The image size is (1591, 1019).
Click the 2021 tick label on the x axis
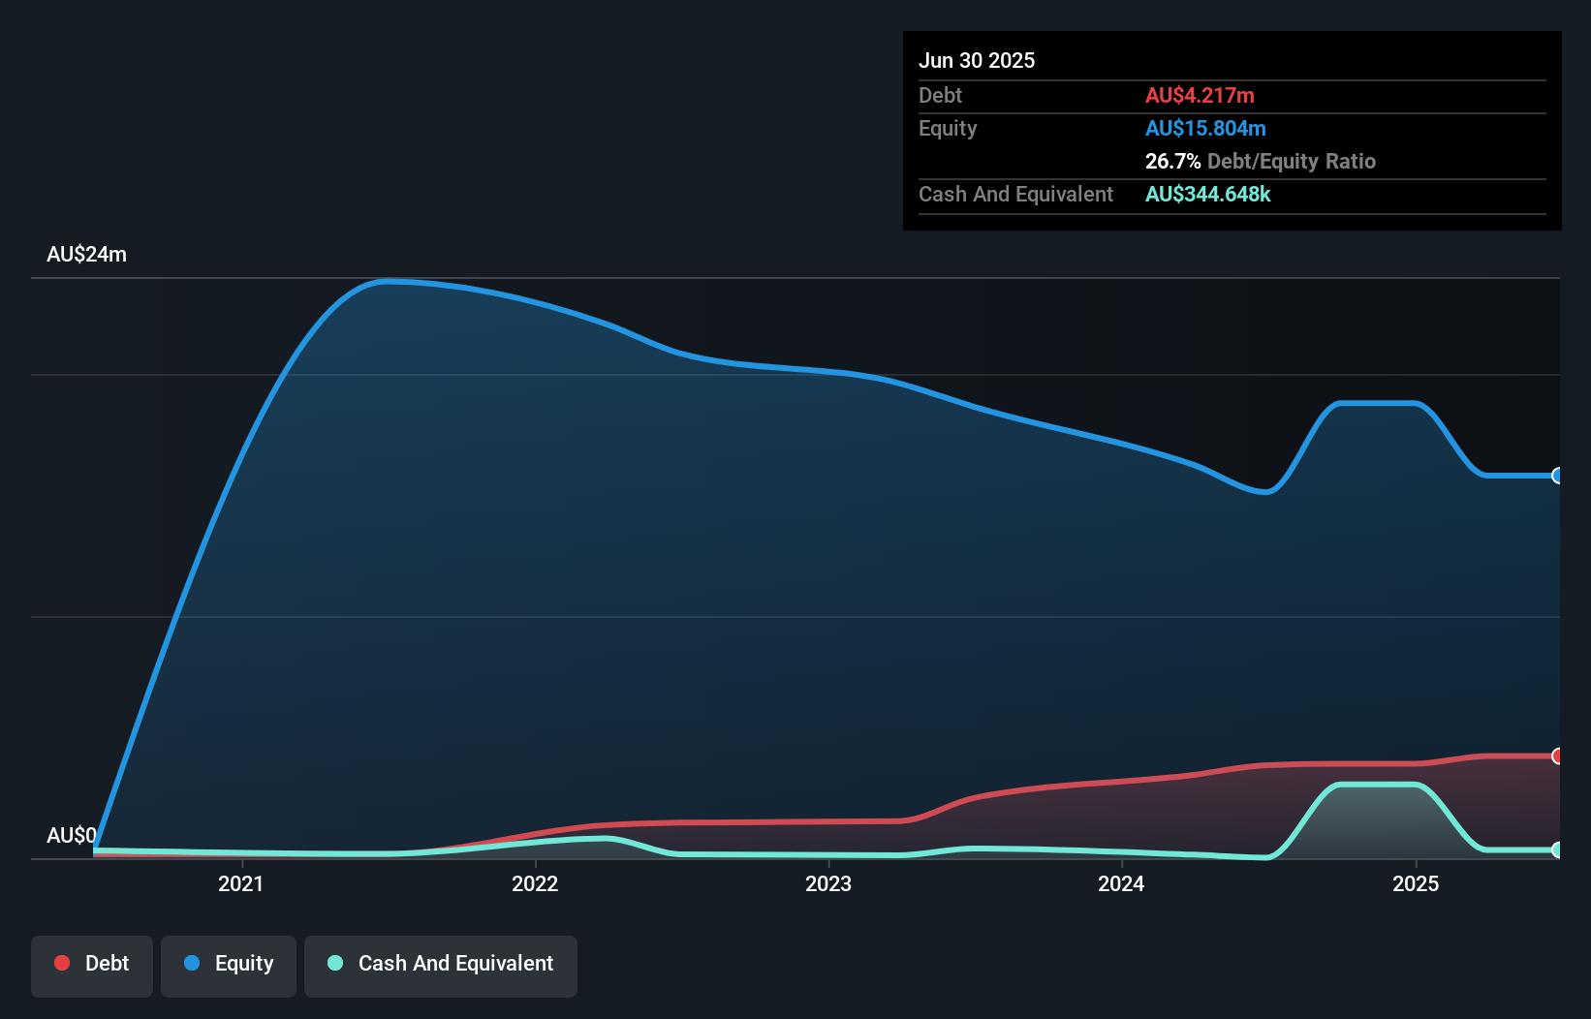[240, 883]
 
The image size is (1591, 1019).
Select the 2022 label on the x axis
[535, 883]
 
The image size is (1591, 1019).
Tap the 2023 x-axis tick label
[828, 883]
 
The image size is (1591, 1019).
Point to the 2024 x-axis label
[1121, 883]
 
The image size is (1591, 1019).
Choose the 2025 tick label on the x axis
[1416, 883]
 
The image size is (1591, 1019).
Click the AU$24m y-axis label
[86, 254]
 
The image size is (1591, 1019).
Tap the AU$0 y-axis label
[72, 835]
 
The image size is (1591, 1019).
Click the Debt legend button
[92, 964]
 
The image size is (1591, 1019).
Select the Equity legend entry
[229, 964]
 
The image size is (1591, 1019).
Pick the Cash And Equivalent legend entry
[441, 964]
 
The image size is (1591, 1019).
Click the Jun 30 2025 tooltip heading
[977, 60]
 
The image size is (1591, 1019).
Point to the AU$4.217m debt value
[1200, 95]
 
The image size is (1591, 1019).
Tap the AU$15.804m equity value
[1205, 128]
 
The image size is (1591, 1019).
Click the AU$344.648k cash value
[1207, 194]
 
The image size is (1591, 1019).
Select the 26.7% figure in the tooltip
[1172, 161]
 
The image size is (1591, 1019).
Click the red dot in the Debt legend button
[62, 963]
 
